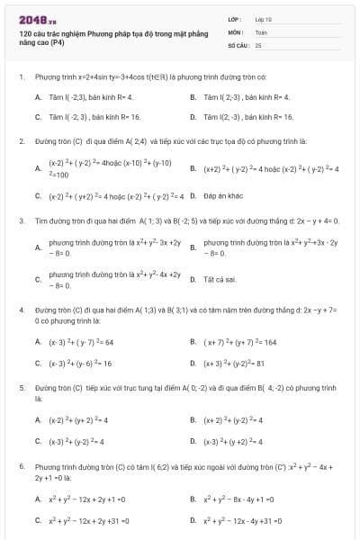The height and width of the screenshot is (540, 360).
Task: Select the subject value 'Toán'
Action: click(x=260, y=31)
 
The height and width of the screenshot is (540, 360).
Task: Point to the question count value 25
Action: click(x=258, y=44)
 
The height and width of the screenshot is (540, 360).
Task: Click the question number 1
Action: click(x=21, y=77)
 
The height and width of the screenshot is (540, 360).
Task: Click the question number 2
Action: click(x=21, y=141)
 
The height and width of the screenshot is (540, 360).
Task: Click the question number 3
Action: click(x=21, y=220)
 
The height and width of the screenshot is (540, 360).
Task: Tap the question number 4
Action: click(x=21, y=310)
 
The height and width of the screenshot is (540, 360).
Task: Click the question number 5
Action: click(x=21, y=387)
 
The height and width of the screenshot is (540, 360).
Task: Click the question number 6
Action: click(x=21, y=467)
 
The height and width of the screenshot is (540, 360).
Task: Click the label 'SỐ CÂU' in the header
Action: click(x=238, y=44)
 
